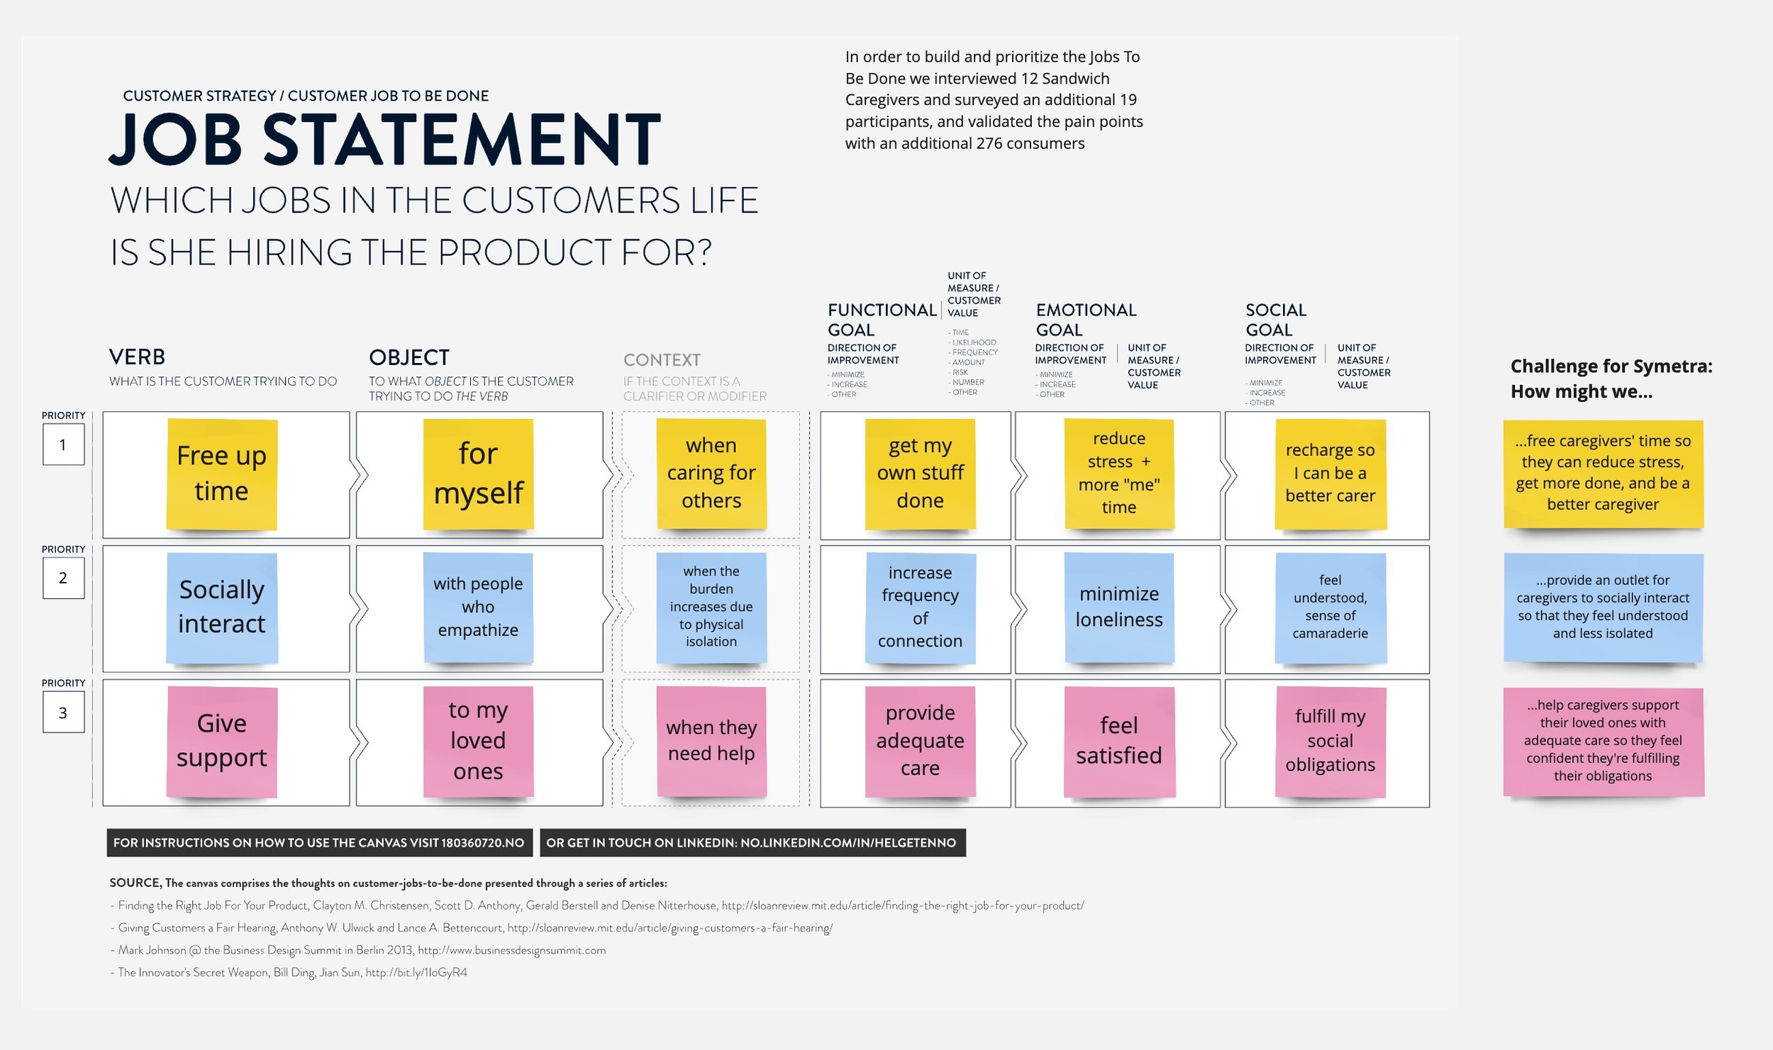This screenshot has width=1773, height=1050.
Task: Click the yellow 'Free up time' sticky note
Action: tap(221, 473)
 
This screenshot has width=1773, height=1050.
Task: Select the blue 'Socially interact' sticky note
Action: tap(221, 607)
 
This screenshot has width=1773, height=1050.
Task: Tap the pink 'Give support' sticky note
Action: tap(221, 741)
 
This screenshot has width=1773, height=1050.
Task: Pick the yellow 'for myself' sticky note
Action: tap(478, 473)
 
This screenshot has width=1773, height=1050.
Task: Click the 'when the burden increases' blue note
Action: tap(711, 607)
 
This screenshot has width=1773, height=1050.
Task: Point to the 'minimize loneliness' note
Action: tap(1118, 607)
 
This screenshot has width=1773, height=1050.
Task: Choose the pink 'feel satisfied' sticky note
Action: tap(1118, 741)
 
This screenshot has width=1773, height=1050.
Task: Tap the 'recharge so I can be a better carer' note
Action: tap(1330, 473)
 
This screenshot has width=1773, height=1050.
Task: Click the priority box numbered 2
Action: tap(63, 578)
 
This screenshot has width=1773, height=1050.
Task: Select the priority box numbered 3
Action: tap(63, 712)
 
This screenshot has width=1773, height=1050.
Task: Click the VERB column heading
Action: tap(137, 357)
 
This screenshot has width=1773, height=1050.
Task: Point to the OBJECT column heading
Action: tap(409, 357)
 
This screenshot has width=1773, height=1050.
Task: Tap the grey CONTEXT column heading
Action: tap(662, 359)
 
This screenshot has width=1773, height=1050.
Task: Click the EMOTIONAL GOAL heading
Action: tap(1086, 320)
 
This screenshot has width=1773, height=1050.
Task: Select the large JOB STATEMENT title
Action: tap(385, 139)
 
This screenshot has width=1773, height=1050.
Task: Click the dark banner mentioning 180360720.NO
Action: tap(319, 842)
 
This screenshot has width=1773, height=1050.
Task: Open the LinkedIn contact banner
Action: tap(752, 842)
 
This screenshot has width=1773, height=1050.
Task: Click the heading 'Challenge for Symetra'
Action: tap(1611, 367)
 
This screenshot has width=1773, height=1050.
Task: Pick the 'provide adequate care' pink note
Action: tap(920, 741)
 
